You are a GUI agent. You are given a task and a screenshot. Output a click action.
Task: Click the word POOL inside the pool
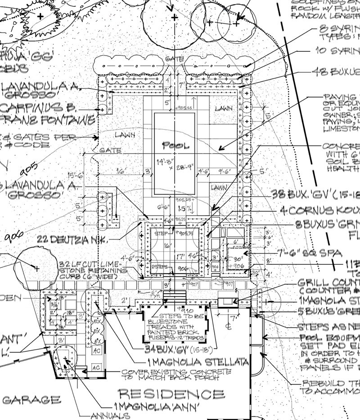(x=176, y=146)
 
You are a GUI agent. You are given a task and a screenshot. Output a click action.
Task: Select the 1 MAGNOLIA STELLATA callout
(x=198, y=361)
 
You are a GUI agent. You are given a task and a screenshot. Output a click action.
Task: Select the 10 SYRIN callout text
(x=337, y=51)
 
